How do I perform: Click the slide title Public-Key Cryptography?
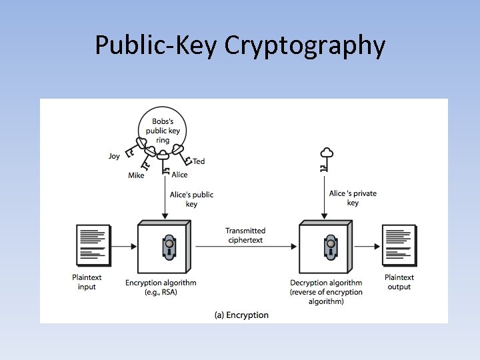coord(240,45)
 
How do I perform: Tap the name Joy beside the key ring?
coord(115,156)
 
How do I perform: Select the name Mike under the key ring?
coord(136,176)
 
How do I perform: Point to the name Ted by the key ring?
coord(199,161)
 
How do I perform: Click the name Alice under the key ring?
coord(179,175)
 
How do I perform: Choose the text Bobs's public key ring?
coord(163,131)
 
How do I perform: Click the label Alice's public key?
coord(191,199)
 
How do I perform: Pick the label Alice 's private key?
coord(353,198)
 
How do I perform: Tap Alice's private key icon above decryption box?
coord(325,159)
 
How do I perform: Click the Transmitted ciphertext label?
coord(245,235)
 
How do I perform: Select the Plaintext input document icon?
coord(93,245)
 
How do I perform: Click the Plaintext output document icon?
coord(399,245)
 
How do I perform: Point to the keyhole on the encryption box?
coord(167,247)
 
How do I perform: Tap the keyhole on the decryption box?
coord(329,247)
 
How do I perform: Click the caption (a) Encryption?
coord(241,315)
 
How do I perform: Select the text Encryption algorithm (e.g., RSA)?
coord(161,287)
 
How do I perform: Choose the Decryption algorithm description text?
coord(326,292)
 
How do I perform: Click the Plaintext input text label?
coord(87,282)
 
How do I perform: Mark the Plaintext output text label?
coord(399,282)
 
